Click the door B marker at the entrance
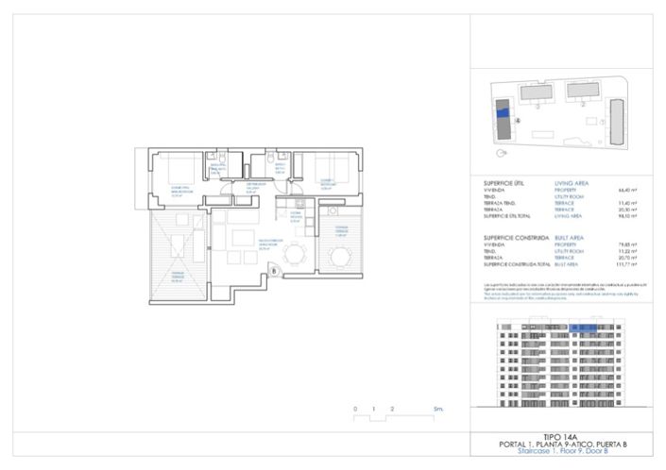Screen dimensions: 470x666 click(274, 272)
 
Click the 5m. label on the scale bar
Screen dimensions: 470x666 click(438, 410)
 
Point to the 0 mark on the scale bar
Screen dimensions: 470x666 click(356, 410)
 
